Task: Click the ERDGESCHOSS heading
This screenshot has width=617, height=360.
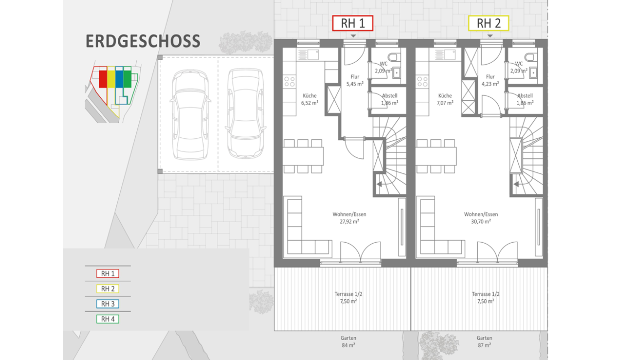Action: [x=143, y=41]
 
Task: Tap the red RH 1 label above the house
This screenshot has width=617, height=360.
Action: [x=353, y=23]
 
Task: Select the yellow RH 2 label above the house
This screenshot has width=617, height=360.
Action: [x=488, y=23]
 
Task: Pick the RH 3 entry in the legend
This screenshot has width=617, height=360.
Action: [x=107, y=304]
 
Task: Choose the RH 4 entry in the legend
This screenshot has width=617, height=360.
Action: [x=107, y=319]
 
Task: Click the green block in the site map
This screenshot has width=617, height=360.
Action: [x=128, y=79]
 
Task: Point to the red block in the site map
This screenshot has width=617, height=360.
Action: [x=103, y=79]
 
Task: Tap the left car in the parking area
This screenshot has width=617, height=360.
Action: [x=190, y=115]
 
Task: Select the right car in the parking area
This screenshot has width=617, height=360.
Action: [x=245, y=114]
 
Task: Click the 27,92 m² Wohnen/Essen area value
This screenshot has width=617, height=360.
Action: [x=349, y=222]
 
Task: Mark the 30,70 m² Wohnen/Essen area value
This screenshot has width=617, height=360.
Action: [x=481, y=222]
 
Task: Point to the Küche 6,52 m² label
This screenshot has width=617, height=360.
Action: [x=310, y=99]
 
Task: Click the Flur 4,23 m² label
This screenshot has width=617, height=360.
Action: [x=491, y=80]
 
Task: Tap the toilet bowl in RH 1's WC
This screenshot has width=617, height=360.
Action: [x=394, y=57]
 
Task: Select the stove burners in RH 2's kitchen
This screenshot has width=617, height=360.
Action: [x=422, y=82]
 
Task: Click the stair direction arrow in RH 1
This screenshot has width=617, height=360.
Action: [x=379, y=184]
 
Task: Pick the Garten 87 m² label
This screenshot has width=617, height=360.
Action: [x=484, y=341]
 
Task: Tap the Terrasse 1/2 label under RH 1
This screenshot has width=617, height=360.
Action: [x=349, y=294]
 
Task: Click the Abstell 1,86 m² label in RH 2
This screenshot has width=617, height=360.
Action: [x=525, y=99]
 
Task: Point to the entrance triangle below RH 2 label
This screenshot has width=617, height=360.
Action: [x=489, y=36]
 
